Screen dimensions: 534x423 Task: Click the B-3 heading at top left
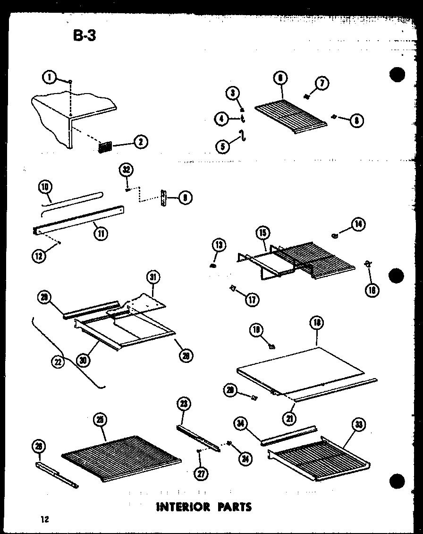[x=85, y=36]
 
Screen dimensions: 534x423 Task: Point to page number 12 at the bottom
[x=44, y=519]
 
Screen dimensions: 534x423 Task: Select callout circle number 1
[x=48, y=77]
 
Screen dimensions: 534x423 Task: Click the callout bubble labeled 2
[x=141, y=141]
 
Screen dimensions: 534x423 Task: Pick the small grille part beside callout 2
[x=105, y=147]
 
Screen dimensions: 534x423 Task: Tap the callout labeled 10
[x=45, y=188]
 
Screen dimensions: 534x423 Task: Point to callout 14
[x=358, y=225]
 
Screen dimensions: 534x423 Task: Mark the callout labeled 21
[x=288, y=418]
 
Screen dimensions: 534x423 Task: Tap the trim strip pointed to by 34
[x=289, y=436]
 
